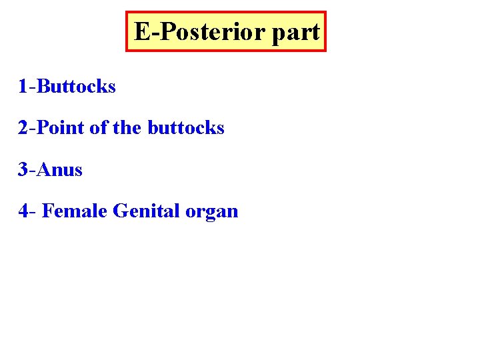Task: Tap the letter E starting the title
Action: tap(141, 31)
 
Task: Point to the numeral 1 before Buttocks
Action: tap(23, 86)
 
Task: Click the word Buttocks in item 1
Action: tap(77, 86)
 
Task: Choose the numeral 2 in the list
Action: tap(23, 127)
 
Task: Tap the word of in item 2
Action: tap(98, 127)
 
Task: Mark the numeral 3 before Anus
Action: tap(23, 169)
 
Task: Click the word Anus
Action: tap(60, 169)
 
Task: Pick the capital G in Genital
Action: tap(121, 211)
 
